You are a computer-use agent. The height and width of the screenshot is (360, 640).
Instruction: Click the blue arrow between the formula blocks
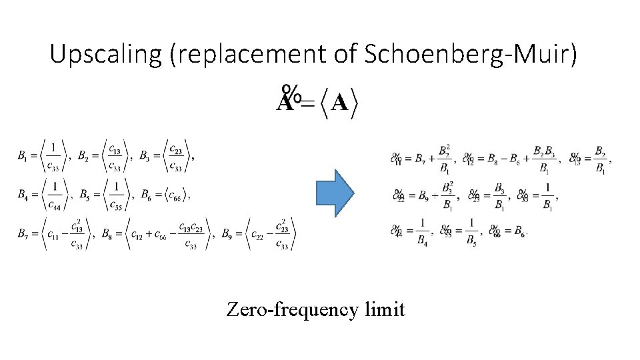334,193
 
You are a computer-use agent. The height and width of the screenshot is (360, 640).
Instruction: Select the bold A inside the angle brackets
339,103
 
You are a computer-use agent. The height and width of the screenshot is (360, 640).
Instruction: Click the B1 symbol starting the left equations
23,157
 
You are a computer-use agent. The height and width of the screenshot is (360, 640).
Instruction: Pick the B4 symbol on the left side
23,195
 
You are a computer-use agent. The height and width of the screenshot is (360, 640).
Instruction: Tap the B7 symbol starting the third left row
23,233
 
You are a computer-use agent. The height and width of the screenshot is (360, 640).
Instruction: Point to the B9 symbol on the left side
229,233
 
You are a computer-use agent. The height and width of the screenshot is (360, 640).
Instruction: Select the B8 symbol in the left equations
106,233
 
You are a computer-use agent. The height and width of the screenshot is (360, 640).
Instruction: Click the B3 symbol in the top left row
145,157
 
